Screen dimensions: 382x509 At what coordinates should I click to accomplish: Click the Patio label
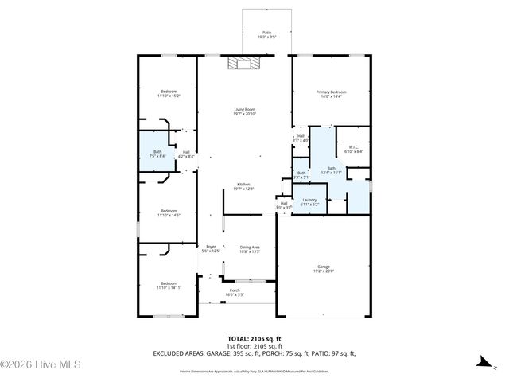coord(266,35)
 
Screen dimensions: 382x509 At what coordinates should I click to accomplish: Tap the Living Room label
coord(245,111)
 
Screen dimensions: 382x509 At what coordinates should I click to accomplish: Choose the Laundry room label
coord(309,202)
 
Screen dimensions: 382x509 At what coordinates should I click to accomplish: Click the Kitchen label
coord(243,186)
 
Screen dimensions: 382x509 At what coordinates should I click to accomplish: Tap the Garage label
coord(323,269)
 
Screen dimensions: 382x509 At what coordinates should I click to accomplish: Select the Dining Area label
coord(251,249)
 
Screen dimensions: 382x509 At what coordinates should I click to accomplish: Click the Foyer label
coord(211,248)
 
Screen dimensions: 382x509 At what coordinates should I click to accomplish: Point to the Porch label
coord(235,292)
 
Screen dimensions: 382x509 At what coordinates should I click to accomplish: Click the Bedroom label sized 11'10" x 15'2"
coord(169,93)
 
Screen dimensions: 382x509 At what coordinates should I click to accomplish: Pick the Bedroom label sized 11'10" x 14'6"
coord(169,213)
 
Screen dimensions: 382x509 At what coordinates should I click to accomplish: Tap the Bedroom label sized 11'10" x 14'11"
coord(169,285)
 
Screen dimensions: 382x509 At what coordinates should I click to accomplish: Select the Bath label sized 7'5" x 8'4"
coord(157,154)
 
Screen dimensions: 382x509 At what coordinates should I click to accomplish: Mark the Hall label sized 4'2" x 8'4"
coord(186,154)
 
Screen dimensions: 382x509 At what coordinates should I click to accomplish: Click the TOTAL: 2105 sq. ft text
coord(254,338)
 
